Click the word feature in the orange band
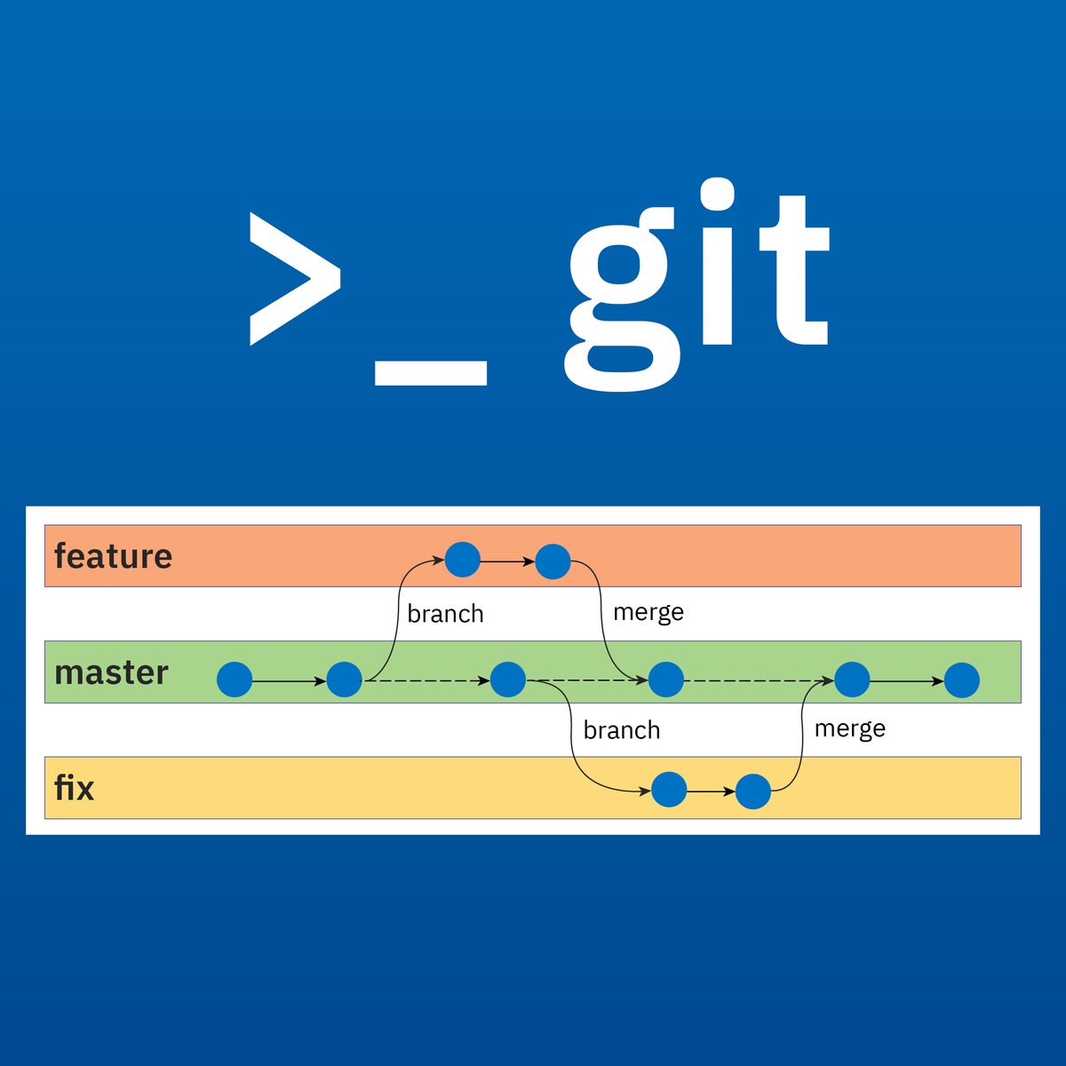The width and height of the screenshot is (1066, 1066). point(113,556)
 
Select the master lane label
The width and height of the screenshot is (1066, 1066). point(111,672)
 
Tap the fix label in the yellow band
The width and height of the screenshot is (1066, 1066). point(74,788)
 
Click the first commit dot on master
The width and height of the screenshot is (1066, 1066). point(235,680)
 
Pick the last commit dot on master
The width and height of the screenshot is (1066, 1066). point(961,680)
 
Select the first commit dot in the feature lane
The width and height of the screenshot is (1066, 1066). point(462,560)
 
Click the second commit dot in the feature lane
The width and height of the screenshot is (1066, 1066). point(553,561)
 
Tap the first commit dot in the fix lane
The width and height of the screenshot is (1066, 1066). point(669,790)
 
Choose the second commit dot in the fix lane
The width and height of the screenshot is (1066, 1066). point(753,791)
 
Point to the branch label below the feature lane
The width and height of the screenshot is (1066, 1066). point(445,614)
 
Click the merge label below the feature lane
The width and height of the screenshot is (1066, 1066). point(648,613)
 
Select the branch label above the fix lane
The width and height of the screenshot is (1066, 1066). point(622,730)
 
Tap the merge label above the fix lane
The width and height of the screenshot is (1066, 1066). point(849,729)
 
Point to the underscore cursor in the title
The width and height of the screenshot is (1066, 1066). point(431,373)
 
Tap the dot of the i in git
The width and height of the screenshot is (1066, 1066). point(718,194)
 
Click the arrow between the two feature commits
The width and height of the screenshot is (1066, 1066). point(507,561)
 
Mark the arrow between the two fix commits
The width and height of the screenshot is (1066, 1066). point(711,791)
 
